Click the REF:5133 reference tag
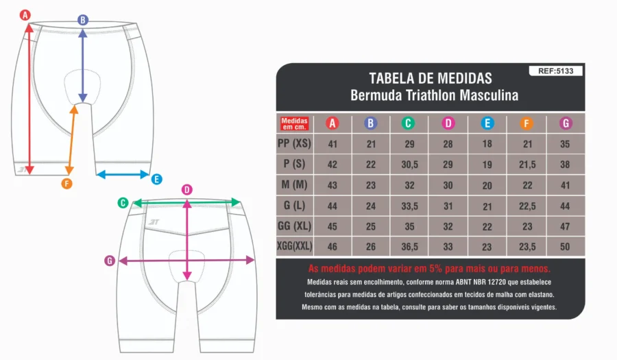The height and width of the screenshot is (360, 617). (555, 71)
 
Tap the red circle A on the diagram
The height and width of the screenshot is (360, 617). (25, 15)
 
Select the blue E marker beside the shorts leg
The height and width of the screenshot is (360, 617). (156, 180)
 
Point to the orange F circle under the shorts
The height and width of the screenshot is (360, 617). (67, 183)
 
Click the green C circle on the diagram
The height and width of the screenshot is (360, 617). (123, 203)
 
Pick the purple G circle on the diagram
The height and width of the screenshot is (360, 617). (110, 261)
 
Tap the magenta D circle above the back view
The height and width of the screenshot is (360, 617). (187, 190)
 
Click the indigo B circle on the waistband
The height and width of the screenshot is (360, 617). (83, 20)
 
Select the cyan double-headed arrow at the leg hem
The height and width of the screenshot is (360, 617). (123, 174)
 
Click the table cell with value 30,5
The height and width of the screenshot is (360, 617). (410, 165)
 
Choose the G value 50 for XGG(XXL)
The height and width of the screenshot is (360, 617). (565, 247)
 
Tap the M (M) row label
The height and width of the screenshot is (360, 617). (294, 184)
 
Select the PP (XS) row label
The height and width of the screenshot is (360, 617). (294, 143)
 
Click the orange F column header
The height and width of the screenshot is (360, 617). (527, 123)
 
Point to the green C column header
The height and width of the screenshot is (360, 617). (408, 123)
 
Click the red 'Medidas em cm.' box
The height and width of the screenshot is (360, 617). (294, 123)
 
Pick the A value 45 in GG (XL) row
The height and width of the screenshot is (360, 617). (332, 226)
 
